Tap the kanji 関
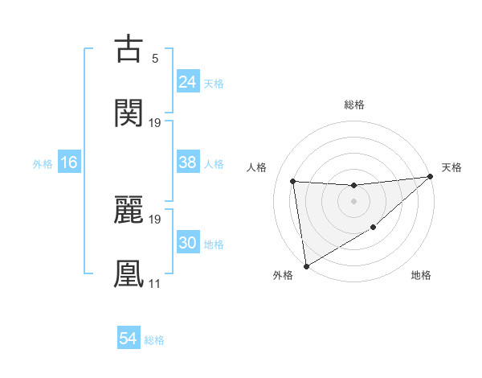[129, 113]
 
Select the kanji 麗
[129, 209]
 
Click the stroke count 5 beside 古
[154, 58]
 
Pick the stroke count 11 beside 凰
[154, 283]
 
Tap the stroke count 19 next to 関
[155, 122]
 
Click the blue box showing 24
[187, 81]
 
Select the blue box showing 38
[187, 162]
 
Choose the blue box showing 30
[187, 243]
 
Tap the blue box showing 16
[69, 162]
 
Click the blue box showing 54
[129, 339]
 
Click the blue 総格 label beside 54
[154, 340]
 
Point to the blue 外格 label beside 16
[43, 164]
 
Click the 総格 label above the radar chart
[354, 105]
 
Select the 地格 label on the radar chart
[421, 276]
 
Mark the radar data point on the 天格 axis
[430, 177]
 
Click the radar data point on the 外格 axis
[305, 265]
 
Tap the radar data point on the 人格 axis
[293, 181]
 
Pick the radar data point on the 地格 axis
[374, 228]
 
